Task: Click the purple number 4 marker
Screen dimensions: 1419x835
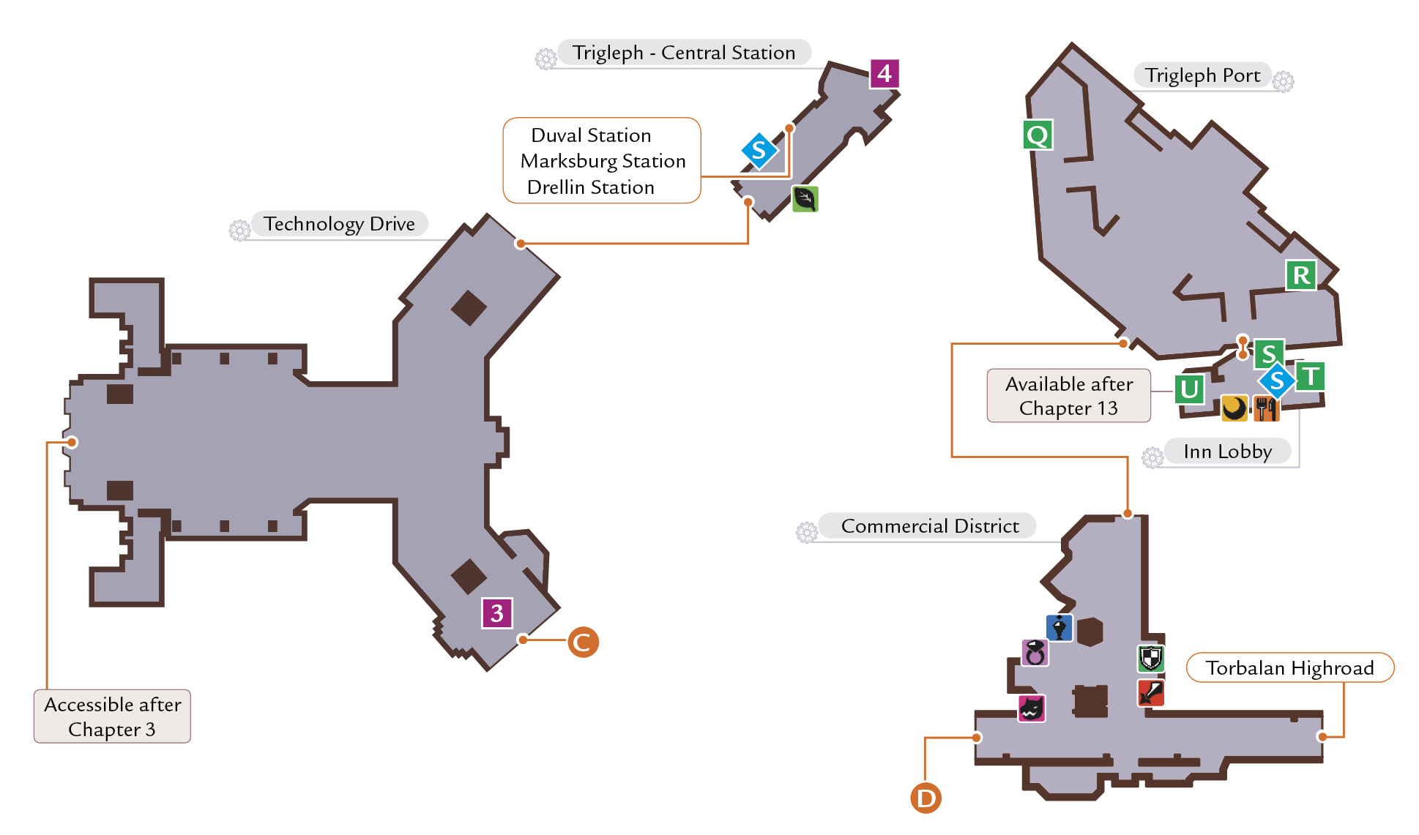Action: click(x=884, y=73)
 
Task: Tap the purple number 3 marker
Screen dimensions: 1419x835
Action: click(x=497, y=613)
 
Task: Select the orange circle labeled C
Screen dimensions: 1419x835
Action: click(x=583, y=642)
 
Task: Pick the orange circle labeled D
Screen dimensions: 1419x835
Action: click(x=925, y=798)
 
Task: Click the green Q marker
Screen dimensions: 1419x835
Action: click(x=1038, y=135)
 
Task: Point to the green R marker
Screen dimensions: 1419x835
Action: click(x=1301, y=275)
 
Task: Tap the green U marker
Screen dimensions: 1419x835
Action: click(x=1190, y=389)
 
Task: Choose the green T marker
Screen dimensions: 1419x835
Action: click(x=1310, y=377)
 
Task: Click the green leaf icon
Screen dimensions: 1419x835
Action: click(x=805, y=198)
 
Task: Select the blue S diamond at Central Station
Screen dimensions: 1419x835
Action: click(x=759, y=151)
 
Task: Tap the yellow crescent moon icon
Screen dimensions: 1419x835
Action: click(x=1234, y=408)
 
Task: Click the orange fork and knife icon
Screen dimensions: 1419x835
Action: click(x=1266, y=408)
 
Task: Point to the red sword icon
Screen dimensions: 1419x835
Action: click(x=1150, y=692)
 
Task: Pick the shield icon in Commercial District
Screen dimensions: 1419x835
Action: click(x=1150, y=658)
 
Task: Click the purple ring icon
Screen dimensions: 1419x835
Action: click(x=1035, y=652)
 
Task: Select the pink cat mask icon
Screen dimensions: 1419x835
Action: click(x=1032, y=708)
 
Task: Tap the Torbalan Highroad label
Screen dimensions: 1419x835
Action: click(x=1289, y=667)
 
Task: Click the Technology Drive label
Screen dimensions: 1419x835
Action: click(x=339, y=223)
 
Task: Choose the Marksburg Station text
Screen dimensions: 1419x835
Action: click(x=603, y=160)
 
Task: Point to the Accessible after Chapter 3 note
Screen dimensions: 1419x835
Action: click(x=112, y=716)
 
